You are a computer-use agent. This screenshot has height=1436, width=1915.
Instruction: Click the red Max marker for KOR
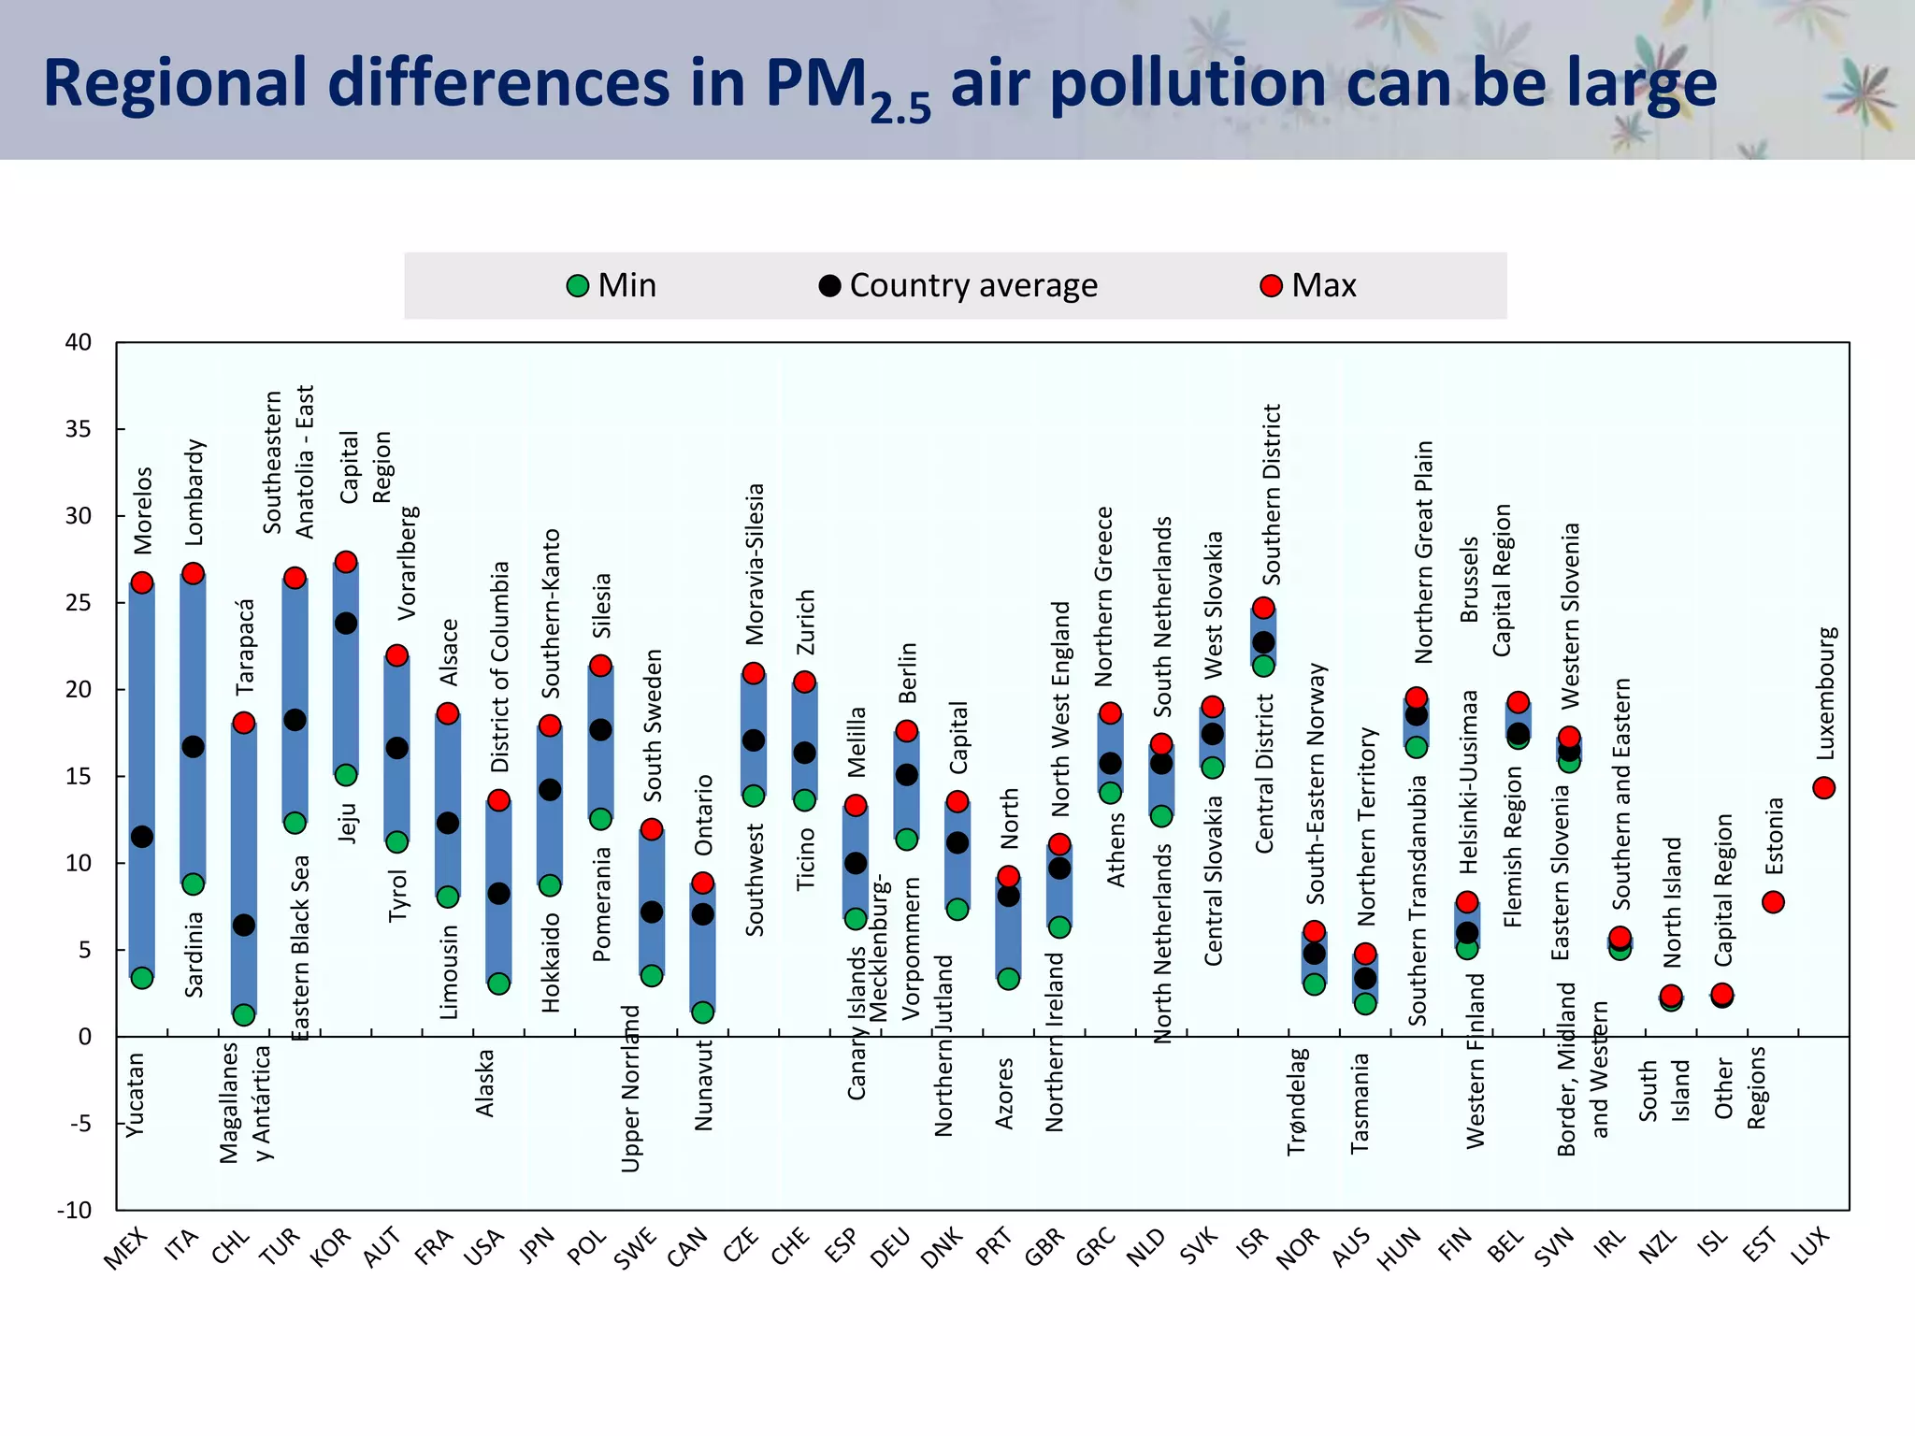[x=346, y=562]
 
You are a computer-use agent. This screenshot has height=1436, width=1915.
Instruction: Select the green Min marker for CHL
[x=244, y=1014]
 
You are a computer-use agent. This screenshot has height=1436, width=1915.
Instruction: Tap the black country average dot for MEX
[x=142, y=837]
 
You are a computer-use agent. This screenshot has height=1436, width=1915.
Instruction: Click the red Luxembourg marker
[x=1823, y=788]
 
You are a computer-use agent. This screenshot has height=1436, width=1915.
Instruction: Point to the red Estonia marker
[x=1773, y=902]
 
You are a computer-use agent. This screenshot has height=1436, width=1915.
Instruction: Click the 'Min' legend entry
[x=612, y=285]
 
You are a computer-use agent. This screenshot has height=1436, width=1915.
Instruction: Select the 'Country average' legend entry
[x=958, y=285]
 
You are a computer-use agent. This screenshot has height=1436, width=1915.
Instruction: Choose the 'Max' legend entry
[x=1309, y=285]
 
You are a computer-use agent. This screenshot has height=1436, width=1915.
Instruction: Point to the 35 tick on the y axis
[x=79, y=429]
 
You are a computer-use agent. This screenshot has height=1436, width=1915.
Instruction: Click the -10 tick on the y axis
[x=75, y=1210]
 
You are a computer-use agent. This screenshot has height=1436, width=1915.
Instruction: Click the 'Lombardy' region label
[x=194, y=492]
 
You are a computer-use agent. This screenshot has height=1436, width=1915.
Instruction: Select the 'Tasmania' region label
[x=1360, y=1103]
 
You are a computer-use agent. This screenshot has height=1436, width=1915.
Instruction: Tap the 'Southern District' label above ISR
[x=1272, y=494]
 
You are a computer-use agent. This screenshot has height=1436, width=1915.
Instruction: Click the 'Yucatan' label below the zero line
[x=136, y=1095]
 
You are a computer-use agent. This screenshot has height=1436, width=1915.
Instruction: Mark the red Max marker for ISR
[x=1263, y=608]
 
